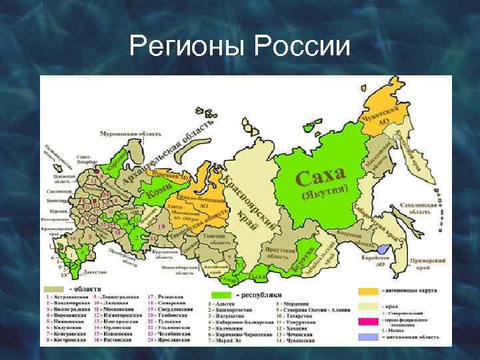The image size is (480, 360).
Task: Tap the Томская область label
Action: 215,235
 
